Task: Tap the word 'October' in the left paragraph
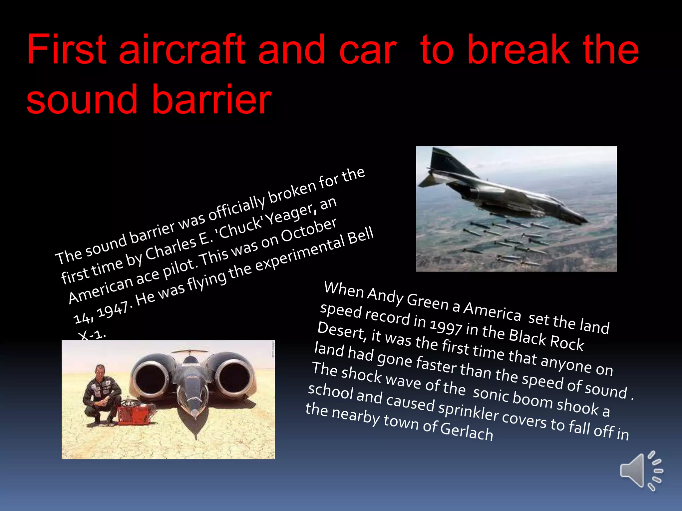click(309, 230)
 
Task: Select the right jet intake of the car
click(235, 378)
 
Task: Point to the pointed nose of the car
click(195, 418)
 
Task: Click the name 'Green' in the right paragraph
click(427, 301)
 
